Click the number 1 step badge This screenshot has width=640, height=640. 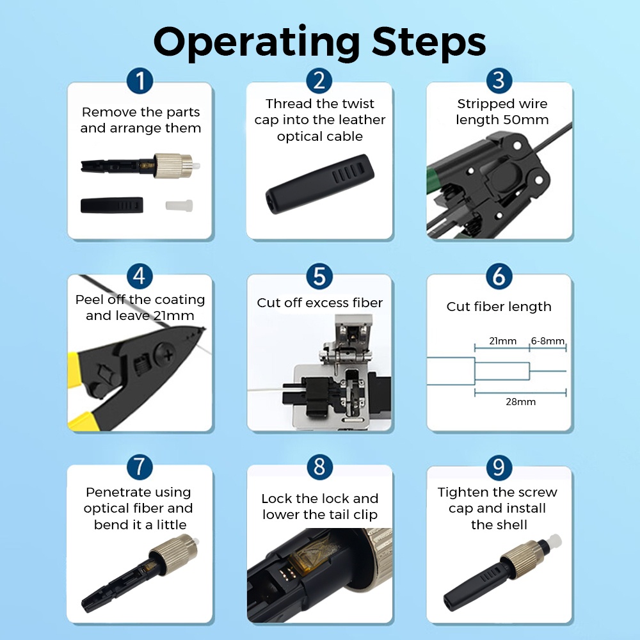(x=140, y=81)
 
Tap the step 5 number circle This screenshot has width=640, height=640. (x=319, y=276)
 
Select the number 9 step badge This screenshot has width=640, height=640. (x=499, y=468)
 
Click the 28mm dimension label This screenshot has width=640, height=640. (x=520, y=402)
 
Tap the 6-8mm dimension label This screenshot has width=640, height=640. (x=548, y=341)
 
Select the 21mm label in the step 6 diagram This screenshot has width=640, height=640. (x=502, y=341)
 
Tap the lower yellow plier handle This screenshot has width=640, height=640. (x=80, y=422)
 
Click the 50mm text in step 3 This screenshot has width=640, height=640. (x=525, y=120)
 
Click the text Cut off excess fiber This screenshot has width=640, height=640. (x=319, y=303)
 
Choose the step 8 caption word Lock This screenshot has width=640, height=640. (x=277, y=499)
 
